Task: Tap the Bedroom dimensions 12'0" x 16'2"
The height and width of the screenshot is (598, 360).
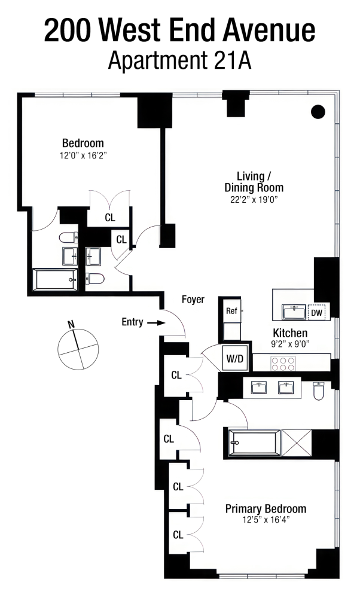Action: [83, 155]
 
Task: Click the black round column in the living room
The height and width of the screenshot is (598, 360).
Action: [319, 111]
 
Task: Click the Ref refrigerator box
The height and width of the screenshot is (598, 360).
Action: [231, 311]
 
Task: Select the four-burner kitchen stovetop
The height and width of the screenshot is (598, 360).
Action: [283, 361]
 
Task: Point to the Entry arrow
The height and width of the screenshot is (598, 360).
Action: [157, 322]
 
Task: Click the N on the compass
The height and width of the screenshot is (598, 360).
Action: [71, 325]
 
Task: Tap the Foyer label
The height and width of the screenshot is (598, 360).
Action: [193, 300]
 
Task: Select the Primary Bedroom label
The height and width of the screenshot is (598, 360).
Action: [266, 509]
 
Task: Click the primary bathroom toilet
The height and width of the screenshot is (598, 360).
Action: [318, 390]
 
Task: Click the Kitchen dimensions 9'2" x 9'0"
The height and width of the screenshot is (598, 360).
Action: [290, 344]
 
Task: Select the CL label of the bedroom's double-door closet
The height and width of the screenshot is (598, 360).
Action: [109, 218]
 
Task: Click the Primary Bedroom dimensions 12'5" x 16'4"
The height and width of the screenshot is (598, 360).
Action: [266, 520]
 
